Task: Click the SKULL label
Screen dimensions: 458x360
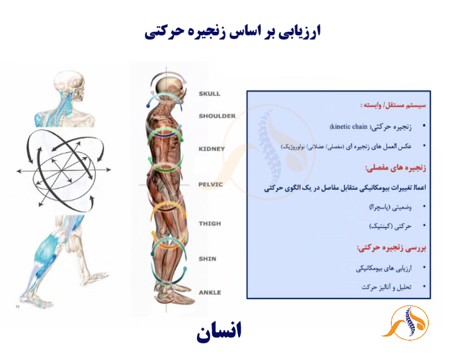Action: coord(209,94)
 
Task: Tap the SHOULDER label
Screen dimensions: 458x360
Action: coord(217,116)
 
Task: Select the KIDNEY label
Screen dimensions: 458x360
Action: coord(212,149)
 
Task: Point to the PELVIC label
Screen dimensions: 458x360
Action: coord(211,184)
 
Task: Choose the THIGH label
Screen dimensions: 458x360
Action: coord(210,224)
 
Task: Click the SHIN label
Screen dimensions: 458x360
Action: coord(207,259)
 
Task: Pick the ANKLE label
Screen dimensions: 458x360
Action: coord(210,293)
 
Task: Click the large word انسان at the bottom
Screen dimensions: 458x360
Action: coord(219,331)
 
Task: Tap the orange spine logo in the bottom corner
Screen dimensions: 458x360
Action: coord(406,323)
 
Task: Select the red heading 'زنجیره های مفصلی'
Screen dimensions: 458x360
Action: coord(395,168)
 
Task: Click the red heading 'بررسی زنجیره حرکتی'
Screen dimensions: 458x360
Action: coord(391,248)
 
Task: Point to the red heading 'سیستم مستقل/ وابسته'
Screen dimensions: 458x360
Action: coord(393,105)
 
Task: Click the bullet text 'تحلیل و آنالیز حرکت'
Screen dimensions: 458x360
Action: coord(387,287)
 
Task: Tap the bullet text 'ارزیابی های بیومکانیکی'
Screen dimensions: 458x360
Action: coord(383,268)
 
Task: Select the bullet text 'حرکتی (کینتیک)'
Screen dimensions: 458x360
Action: coord(390,226)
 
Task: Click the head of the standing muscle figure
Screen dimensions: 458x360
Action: coord(168,85)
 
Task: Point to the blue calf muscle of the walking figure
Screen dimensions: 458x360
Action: coord(47,249)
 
